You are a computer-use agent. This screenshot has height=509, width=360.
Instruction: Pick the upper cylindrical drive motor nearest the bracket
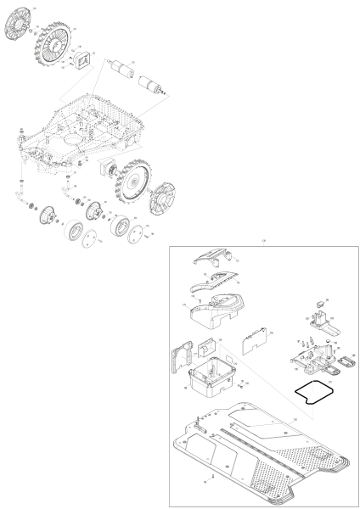121,70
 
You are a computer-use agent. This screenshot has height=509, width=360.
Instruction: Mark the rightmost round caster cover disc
132,247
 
